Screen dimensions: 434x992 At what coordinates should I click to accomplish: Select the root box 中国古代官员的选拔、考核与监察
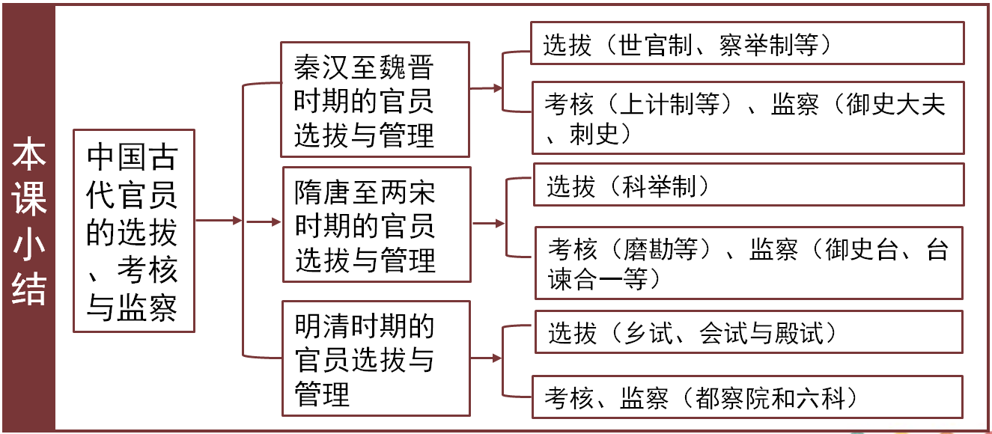[x=133, y=230]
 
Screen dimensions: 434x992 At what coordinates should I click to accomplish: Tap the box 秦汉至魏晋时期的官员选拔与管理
[x=374, y=100]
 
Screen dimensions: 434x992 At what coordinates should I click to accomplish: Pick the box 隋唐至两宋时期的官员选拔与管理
[x=376, y=224]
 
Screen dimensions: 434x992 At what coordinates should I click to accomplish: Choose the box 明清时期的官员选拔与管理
[x=376, y=358]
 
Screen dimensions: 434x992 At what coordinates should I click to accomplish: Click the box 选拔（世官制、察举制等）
[x=746, y=43]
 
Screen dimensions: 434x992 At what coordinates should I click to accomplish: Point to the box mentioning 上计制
[x=746, y=117]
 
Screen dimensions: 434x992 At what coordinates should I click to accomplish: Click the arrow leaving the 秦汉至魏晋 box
[x=487, y=88]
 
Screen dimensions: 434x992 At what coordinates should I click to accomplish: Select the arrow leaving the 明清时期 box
[x=487, y=358]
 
